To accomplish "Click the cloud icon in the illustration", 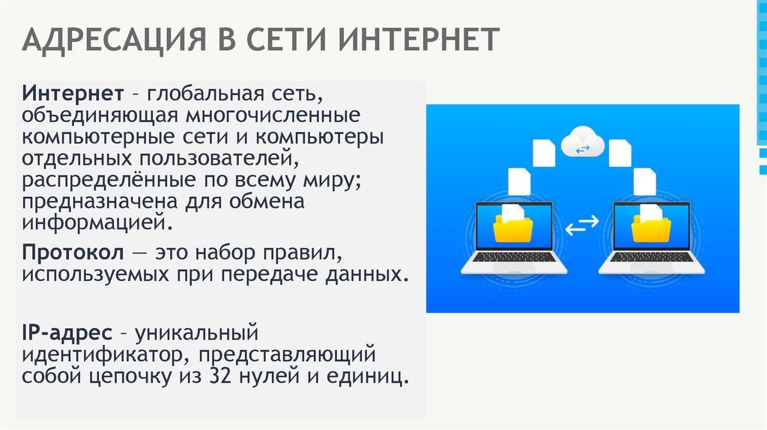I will [582, 142].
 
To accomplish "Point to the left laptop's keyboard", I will [513, 257].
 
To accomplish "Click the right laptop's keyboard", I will [651, 257].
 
